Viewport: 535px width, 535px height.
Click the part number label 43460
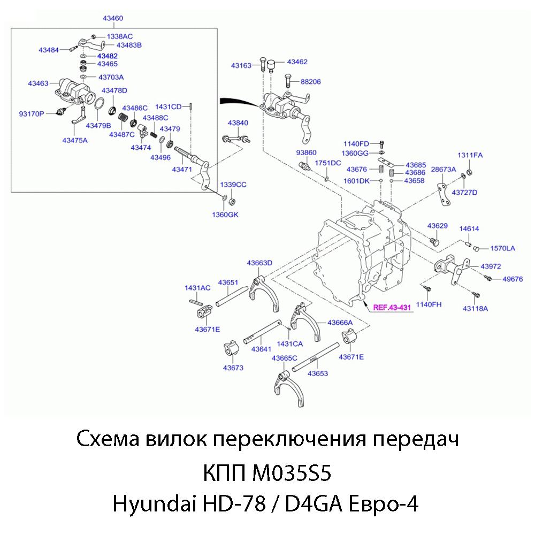tap(113, 19)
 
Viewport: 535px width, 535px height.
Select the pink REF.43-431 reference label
tap(391, 308)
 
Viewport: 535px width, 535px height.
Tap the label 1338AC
tap(120, 36)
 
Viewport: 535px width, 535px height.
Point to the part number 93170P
tap(32, 113)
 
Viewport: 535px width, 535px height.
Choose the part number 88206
tap(311, 82)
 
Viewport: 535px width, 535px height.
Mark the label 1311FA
tap(470, 155)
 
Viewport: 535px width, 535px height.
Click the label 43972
tap(491, 266)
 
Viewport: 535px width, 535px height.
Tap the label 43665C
tap(284, 358)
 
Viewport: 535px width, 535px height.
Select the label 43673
tap(233, 368)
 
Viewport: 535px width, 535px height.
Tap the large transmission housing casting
tap(364, 251)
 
